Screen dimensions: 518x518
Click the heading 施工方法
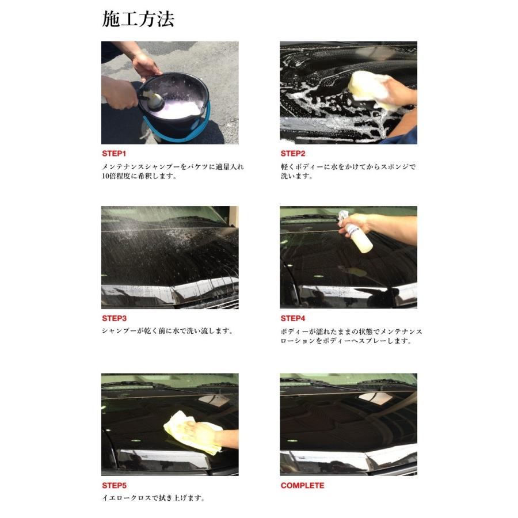[x=138, y=19]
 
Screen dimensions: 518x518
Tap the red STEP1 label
[x=114, y=154]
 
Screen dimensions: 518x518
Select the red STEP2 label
[x=293, y=154]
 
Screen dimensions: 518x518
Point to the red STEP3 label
[x=115, y=318]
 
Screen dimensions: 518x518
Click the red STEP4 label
[x=293, y=318]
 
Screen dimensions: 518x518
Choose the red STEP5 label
[x=115, y=486]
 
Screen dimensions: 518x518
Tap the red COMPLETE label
[x=302, y=486]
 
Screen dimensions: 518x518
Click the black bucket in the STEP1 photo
[x=173, y=104]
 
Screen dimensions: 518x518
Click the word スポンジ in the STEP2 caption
[x=395, y=167]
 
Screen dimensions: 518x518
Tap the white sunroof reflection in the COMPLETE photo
[x=375, y=398]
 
